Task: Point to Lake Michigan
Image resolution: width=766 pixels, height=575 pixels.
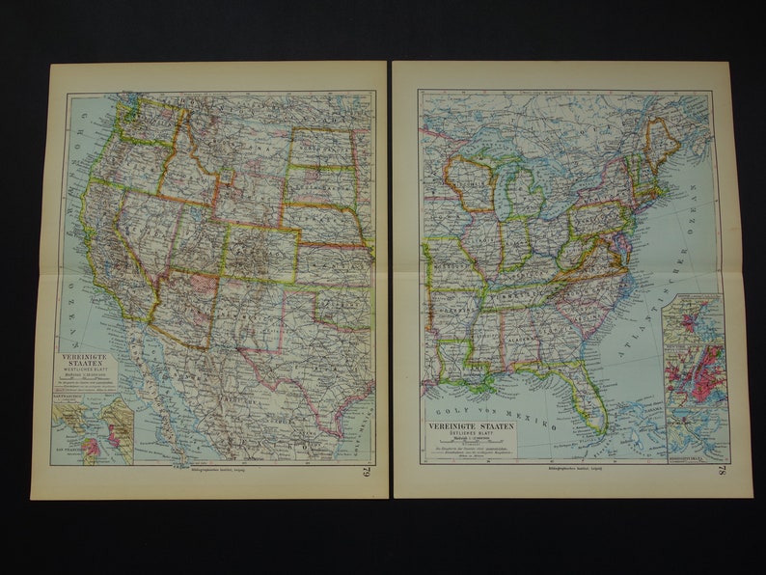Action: [x=502, y=193]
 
